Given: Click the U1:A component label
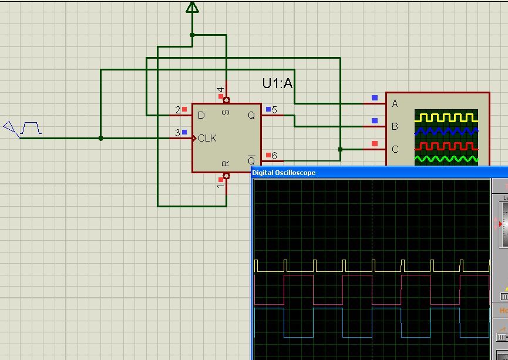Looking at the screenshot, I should pyautogui.click(x=277, y=83).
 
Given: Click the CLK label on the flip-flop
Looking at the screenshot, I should pyautogui.click(x=207, y=139).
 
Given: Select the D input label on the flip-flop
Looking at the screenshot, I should pyautogui.click(x=201, y=115).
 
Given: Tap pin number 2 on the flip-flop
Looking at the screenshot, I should pyautogui.click(x=178, y=110).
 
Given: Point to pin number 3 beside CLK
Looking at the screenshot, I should pyautogui.click(x=178, y=133).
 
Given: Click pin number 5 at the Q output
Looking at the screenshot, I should pyautogui.click(x=274, y=110).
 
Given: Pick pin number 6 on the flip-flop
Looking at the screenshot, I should pyautogui.click(x=274, y=156).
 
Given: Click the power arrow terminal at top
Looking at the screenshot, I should pyautogui.click(x=192, y=7).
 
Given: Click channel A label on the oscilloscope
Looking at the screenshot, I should pyautogui.click(x=395, y=104).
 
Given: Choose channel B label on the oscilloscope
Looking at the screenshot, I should pyautogui.click(x=395, y=126).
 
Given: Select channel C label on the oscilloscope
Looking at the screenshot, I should pyautogui.click(x=395, y=149).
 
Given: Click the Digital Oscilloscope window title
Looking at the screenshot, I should pyautogui.click(x=284, y=173).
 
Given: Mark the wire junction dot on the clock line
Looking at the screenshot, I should pyautogui.click(x=101, y=139).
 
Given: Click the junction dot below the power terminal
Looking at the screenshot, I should pyautogui.click(x=192, y=35).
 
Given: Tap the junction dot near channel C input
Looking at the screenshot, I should pyautogui.click(x=340, y=150).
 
